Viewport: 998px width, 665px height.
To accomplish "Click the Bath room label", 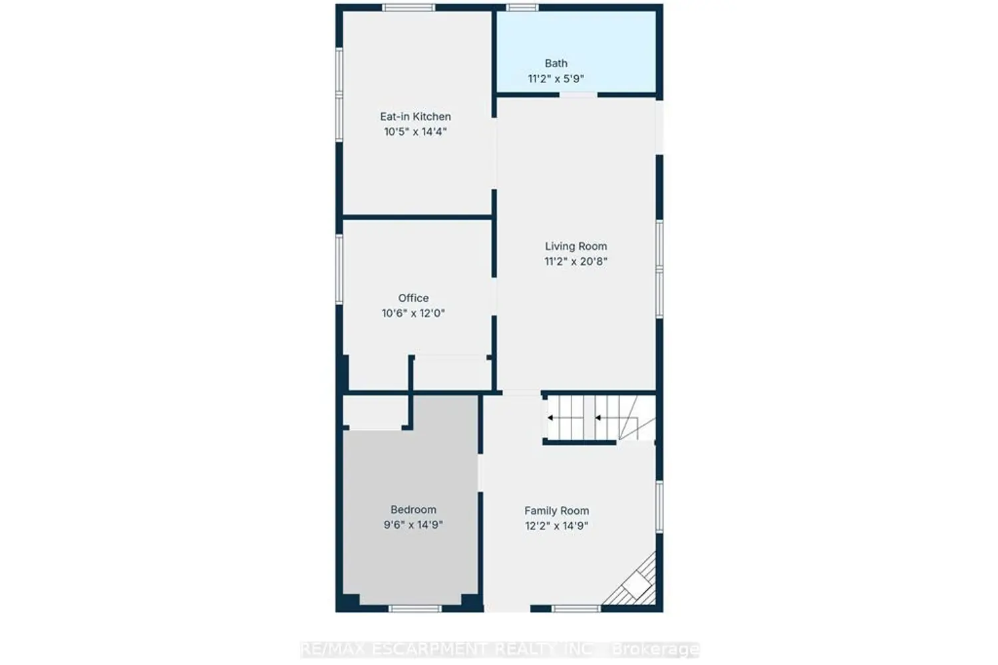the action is coord(556,63).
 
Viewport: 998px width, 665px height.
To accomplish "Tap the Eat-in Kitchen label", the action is coord(415,116).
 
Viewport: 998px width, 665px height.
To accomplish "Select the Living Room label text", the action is coord(576,246).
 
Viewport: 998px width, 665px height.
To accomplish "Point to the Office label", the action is coord(413,298).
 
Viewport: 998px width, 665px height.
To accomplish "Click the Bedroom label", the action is coord(413,509).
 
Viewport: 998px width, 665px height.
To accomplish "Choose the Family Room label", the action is coord(556,511).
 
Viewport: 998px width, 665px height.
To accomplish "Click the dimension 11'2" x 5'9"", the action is coord(556,79).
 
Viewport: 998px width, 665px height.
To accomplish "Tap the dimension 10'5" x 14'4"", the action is coord(415,132).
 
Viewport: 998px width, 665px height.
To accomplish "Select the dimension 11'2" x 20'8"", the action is coord(576,261).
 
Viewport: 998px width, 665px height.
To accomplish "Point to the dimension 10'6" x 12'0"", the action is coord(413,313).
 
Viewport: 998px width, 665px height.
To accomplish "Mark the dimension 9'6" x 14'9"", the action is coord(413,525).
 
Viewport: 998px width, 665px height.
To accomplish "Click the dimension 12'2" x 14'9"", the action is coord(556,525).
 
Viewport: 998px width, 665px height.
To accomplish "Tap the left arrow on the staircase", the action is coord(551,418).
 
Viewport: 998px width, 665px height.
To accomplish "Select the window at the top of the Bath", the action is coord(522,7).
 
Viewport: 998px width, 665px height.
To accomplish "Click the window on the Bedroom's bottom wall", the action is coord(415,608).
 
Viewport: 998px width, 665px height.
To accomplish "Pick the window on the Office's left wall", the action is coord(339,269).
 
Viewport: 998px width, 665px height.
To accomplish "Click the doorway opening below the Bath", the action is coord(578,95).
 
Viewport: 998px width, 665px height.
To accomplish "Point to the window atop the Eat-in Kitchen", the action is coord(409,7).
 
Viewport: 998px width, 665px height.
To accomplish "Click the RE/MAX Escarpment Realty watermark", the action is coord(500,650).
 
